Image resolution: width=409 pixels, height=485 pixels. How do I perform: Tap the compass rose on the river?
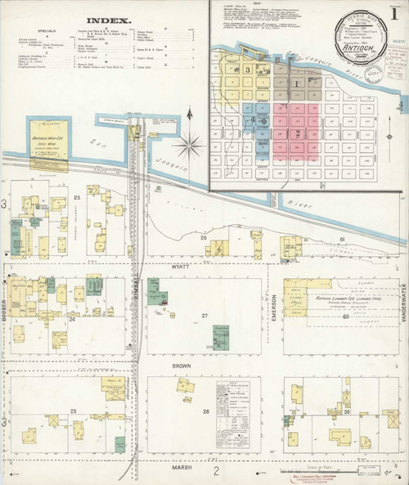(190, 146)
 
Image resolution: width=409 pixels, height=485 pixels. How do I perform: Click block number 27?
(206, 315)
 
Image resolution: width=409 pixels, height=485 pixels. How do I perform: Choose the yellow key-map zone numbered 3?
(247, 70)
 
